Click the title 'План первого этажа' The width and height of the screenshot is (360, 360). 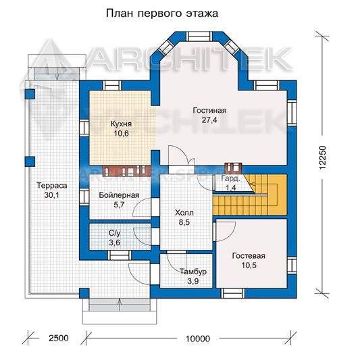click(162, 14)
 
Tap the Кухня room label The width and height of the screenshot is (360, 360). click(121, 124)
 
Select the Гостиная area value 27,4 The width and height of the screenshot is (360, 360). click(209, 120)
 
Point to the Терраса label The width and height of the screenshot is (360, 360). click(52, 186)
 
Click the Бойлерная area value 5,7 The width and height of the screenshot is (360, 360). click(119, 205)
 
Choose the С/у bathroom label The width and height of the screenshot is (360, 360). click(114, 233)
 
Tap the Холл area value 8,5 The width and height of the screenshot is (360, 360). click(184, 222)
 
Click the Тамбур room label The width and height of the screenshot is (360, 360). click(193, 272)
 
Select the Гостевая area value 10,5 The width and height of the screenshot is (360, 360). click(249, 265)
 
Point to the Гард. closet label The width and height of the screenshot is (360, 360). click(231, 178)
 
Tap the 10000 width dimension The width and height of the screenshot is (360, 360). click(198, 338)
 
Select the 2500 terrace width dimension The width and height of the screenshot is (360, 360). click(59, 338)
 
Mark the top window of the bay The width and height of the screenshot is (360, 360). click(199, 36)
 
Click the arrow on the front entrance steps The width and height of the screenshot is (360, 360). click(120, 305)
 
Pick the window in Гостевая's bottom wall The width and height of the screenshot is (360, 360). click(233, 293)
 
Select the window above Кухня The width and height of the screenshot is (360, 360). click(111, 85)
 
